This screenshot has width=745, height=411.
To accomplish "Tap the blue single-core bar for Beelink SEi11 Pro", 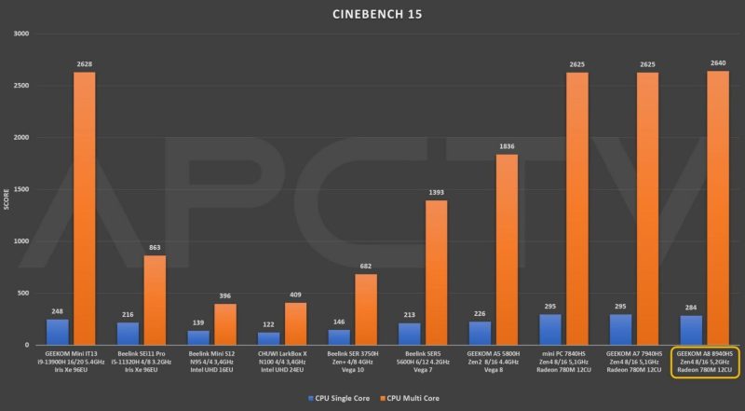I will click(x=128, y=334).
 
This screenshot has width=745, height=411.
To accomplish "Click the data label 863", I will click(x=156, y=248).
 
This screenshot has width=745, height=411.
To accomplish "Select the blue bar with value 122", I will click(x=269, y=338).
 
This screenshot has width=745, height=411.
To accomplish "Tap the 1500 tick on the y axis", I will click(x=20, y=189).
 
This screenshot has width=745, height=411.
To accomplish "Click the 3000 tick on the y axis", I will click(x=20, y=34).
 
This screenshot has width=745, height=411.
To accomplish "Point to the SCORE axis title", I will click(x=7, y=189).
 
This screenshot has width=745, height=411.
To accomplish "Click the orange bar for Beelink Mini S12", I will click(x=224, y=324).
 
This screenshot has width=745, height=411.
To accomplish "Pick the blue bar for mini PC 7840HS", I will click(x=550, y=329).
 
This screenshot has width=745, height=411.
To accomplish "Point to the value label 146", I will click(x=339, y=322).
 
